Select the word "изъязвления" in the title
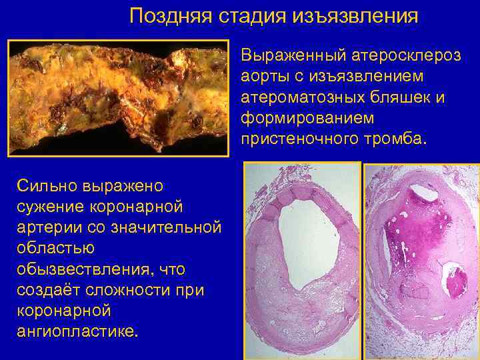coord(356,16)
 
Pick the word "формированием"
coord(296,119)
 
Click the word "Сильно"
coord(45,185)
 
